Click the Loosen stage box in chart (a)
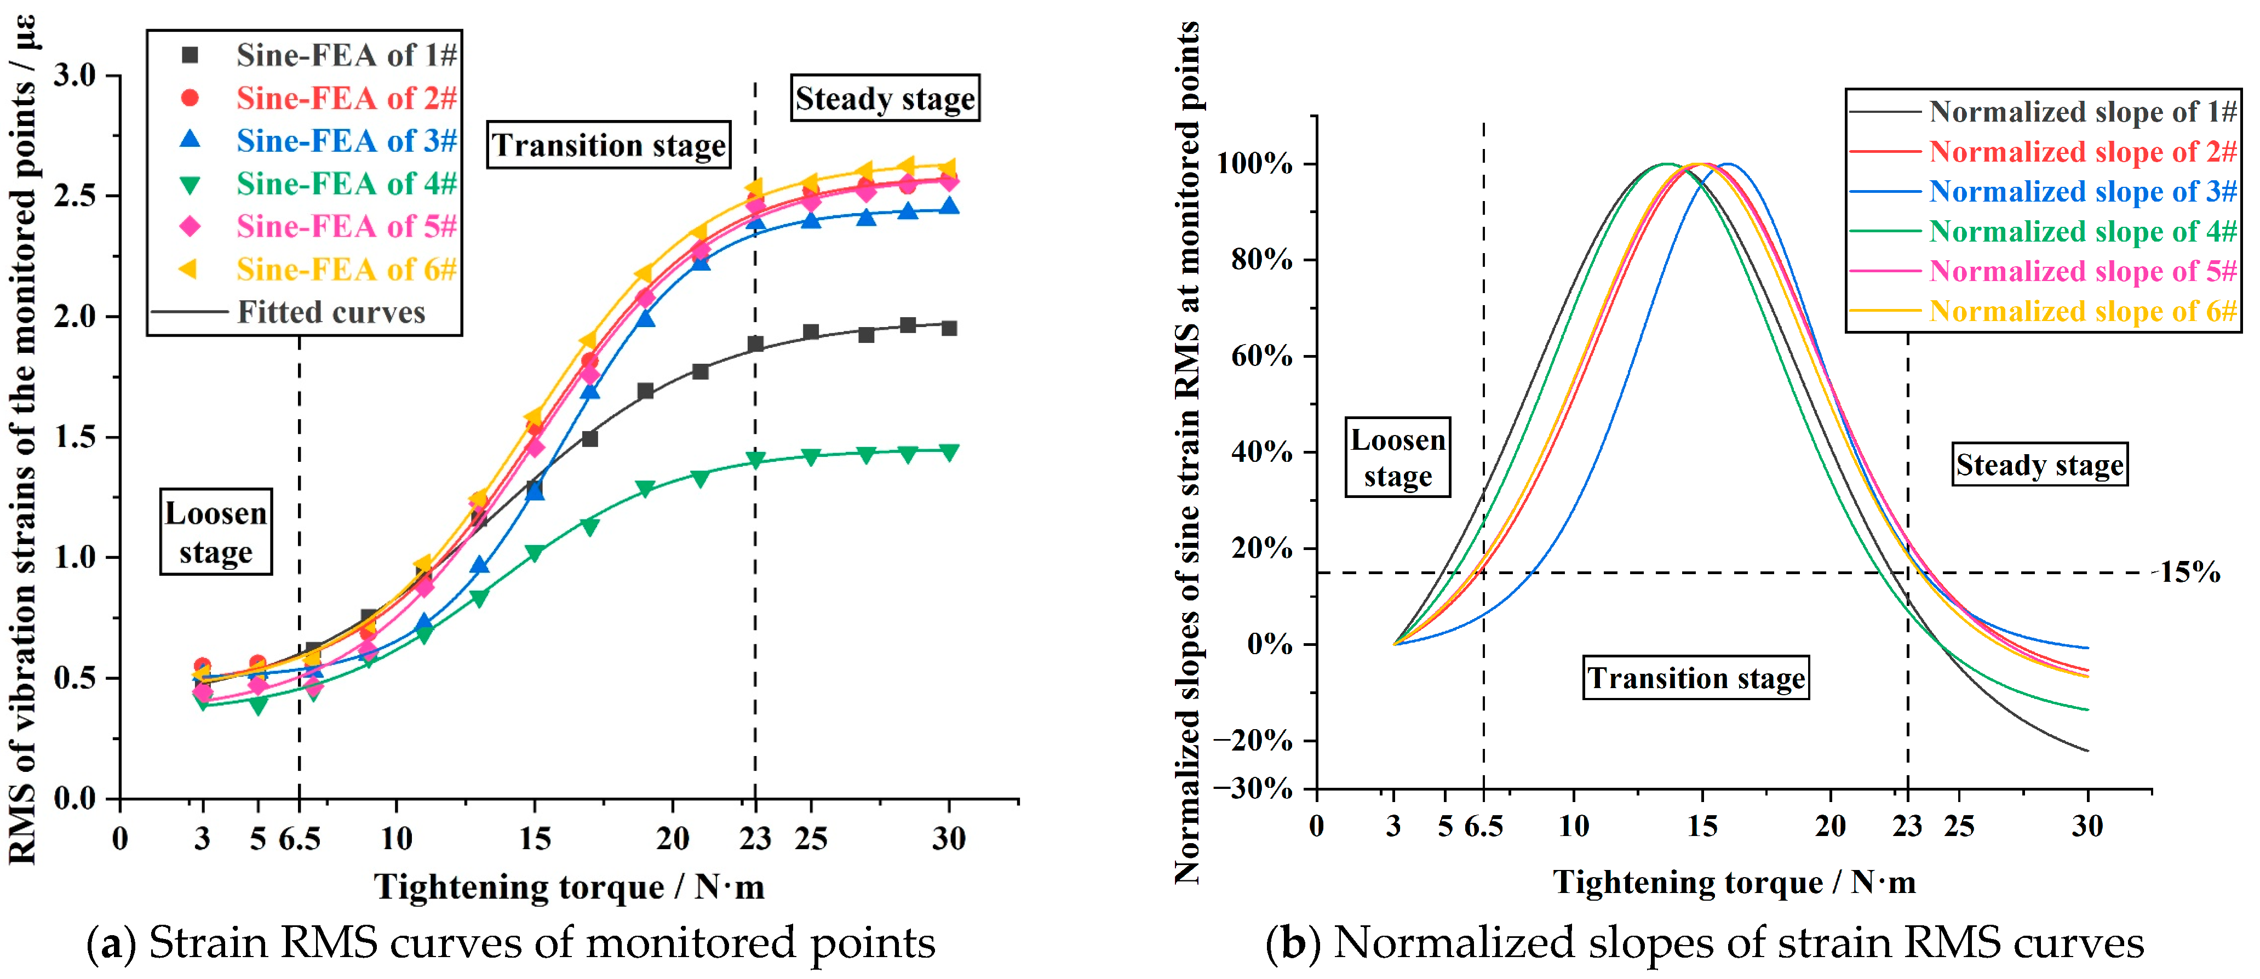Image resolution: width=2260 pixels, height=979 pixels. (216, 531)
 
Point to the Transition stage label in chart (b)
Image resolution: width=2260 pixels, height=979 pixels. (1696, 678)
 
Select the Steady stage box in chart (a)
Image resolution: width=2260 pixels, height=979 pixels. (885, 98)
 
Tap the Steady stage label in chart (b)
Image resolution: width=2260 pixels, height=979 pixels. (2040, 464)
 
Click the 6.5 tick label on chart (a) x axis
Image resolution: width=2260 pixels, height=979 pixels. (299, 839)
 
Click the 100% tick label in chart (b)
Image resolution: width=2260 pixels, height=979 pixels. (1254, 164)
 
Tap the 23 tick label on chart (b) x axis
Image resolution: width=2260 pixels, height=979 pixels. (1907, 826)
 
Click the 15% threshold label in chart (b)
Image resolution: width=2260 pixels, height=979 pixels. (2189, 573)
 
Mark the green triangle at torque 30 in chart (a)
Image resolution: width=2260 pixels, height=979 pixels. (948, 452)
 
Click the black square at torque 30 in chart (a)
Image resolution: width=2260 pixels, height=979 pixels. (948, 328)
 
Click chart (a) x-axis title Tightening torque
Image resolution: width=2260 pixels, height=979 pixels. (570, 887)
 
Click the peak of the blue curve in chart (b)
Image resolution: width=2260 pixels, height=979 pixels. (1728, 164)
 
